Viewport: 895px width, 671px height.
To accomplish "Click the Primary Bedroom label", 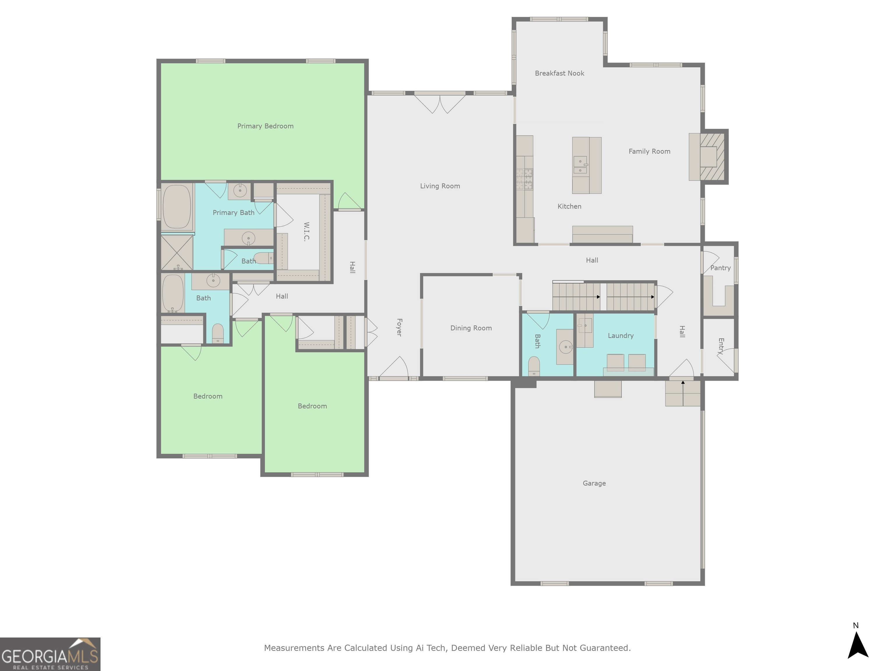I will pyautogui.click(x=265, y=126).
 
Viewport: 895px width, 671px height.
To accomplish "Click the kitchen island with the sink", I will pyautogui.click(x=586, y=165).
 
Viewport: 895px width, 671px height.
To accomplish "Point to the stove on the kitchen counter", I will pyautogui.click(x=524, y=179).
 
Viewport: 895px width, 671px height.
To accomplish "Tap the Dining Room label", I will pyautogui.click(x=471, y=328).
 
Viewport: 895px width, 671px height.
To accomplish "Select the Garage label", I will pyautogui.click(x=594, y=483).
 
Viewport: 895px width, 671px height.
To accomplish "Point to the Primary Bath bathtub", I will pyautogui.click(x=177, y=207).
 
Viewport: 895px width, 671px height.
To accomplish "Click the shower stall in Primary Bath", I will pyautogui.click(x=177, y=253).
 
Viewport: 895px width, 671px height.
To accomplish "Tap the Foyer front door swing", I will pyautogui.click(x=394, y=367).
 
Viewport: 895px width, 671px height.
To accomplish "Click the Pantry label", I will pyautogui.click(x=720, y=268).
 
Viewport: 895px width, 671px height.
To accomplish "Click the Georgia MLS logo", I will pyautogui.click(x=50, y=654).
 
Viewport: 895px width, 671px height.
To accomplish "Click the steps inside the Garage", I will pyautogui.click(x=683, y=393).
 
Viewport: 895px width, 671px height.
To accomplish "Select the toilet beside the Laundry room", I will pyautogui.click(x=534, y=365).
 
